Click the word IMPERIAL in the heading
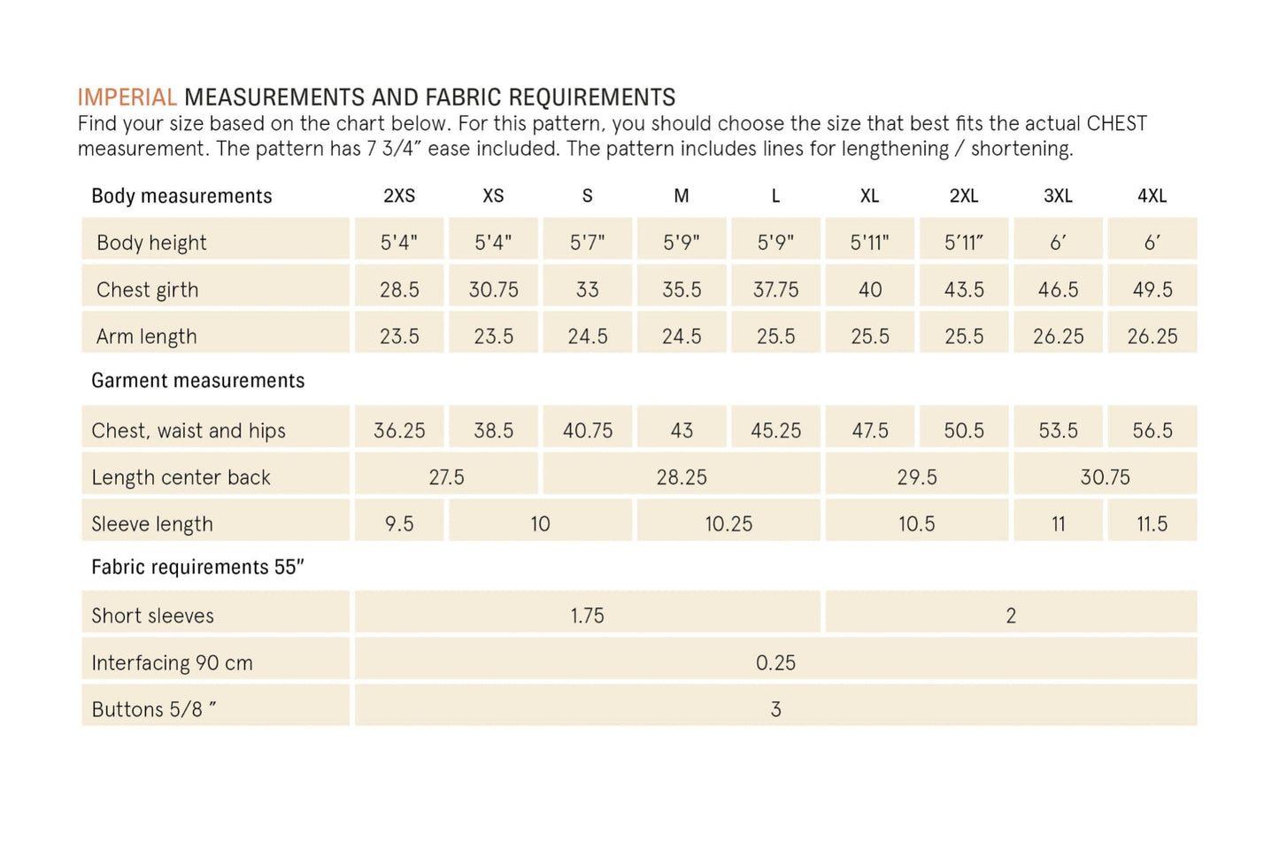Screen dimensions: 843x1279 127,97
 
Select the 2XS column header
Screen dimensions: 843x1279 399,196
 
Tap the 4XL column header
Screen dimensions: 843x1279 1152,196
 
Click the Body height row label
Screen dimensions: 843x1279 151,243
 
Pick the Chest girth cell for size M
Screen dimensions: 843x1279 682,290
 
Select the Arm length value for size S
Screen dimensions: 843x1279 588,336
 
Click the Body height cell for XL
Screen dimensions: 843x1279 869,243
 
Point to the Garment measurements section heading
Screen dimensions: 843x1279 197,381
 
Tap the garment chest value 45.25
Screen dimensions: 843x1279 775,430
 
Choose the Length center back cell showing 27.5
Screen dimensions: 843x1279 446,477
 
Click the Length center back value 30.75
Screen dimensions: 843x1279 1105,477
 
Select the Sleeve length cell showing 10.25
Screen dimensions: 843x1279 728,524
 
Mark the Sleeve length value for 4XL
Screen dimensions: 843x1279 1152,524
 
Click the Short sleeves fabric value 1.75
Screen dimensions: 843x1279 587,615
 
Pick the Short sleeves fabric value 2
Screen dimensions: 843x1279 1011,615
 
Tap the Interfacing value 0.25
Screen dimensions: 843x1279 775,662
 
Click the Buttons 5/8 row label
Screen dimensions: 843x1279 153,709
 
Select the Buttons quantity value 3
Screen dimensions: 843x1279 775,709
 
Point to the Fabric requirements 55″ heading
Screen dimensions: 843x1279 197,567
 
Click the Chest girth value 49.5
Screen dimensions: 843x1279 1152,290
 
